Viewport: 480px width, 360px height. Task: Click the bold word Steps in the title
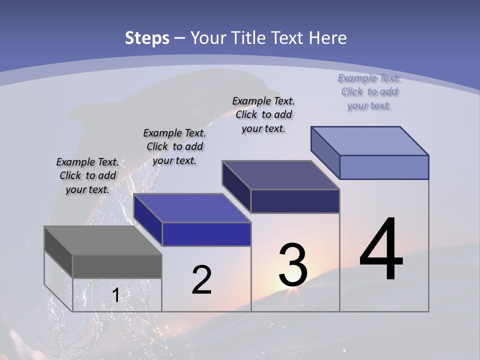point(147,38)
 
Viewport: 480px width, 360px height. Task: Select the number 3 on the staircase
point(293,265)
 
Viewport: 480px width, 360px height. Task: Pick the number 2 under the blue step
point(201,280)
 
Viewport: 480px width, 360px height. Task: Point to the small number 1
point(115,295)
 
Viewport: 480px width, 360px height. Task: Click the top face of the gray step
point(102,240)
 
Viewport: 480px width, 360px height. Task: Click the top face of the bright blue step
point(192,208)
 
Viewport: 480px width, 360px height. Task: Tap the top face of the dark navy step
point(280,175)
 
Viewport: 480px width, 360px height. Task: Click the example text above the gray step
point(87,175)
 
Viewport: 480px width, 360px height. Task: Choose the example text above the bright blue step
point(174,146)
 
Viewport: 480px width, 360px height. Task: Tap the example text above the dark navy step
point(263,114)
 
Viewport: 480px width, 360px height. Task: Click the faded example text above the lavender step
point(369,91)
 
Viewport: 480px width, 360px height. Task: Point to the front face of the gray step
point(117,266)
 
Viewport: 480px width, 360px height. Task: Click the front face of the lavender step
point(384,167)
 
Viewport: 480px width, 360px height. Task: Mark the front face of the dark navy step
point(295,201)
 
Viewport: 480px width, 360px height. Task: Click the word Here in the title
point(328,38)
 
